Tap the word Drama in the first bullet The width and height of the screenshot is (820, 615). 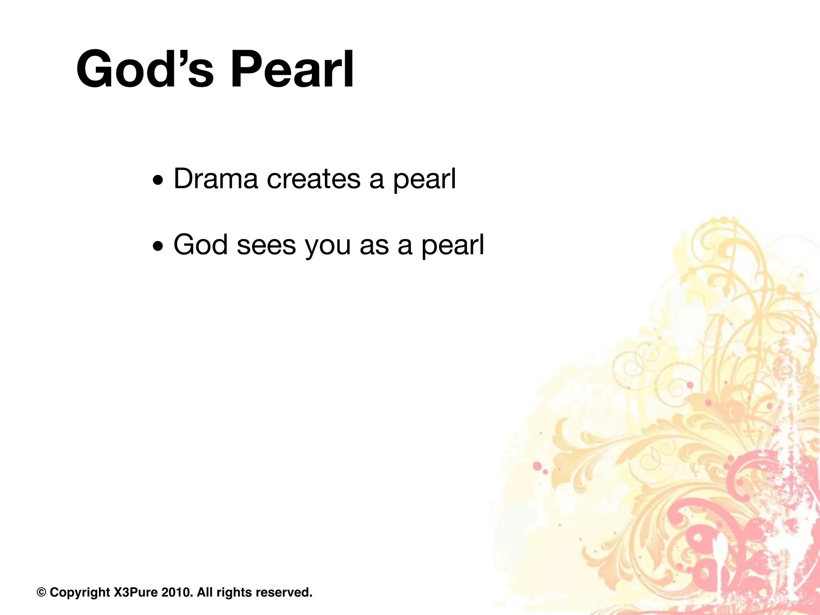(215, 179)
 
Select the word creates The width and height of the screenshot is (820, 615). (314, 179)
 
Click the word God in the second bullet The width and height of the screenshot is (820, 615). (200, 245)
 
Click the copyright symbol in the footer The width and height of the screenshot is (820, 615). (41, 592)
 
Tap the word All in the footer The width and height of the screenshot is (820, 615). (205, 592)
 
